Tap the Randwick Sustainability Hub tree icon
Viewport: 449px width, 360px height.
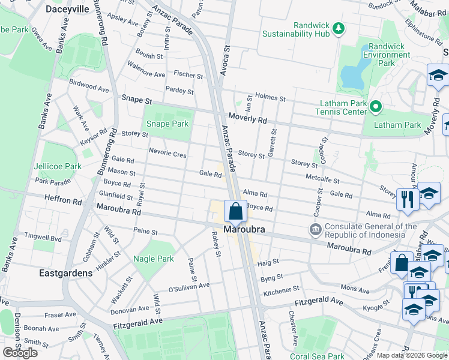339,28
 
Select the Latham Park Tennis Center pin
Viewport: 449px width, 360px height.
376,107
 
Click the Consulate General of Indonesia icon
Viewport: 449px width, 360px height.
315,230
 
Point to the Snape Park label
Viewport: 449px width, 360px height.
167,124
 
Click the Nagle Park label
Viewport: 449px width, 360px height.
154,259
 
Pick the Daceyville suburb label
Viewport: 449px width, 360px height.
68,10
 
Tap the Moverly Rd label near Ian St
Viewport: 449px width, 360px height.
246,119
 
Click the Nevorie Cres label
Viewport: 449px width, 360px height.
168,154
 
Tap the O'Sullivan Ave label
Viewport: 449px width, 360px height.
189,286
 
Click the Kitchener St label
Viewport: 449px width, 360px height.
277,292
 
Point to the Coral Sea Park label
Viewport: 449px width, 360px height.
317,355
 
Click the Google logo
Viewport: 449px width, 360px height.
20,353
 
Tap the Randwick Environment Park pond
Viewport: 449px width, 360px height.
349,76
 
